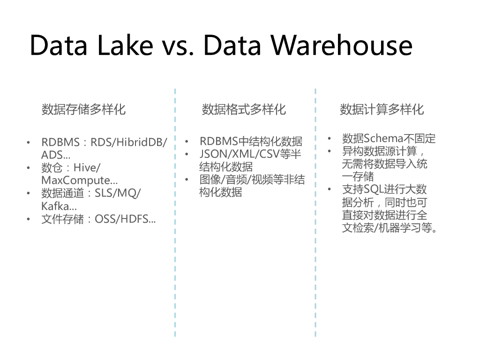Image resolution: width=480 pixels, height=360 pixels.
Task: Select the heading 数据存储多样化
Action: point(83,110)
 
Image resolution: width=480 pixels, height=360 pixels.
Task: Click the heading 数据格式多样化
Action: point(244,110)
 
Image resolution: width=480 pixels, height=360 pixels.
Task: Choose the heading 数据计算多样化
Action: point(382,110)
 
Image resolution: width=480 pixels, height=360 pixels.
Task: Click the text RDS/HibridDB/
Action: point(128,142)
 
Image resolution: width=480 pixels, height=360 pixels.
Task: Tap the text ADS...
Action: point(52,155)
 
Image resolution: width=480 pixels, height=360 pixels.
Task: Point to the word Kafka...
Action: point(56,206)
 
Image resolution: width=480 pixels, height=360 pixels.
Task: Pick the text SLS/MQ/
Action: point(118,193)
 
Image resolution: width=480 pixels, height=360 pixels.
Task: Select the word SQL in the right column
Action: point(370,189)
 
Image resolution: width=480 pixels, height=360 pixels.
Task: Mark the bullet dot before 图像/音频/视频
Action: point(187,180)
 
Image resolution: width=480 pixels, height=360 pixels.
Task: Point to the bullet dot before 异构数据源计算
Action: point(330,151)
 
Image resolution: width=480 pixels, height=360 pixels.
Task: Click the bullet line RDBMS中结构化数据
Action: point(251,141)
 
